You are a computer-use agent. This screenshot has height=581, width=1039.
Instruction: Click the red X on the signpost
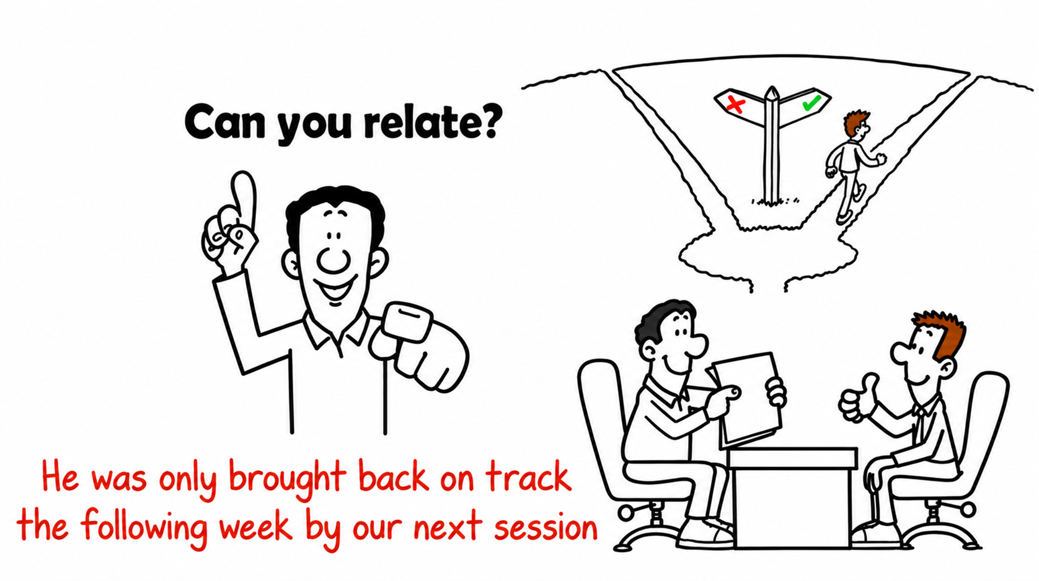coord(736,105)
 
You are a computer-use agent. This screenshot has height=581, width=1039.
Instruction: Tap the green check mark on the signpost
coord(811,102)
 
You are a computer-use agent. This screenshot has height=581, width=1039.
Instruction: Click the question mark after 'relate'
coord(489,120)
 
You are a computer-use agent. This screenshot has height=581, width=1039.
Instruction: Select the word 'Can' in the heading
coord(224,121)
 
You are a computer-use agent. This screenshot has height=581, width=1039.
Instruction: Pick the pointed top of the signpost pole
coord(771,88)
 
